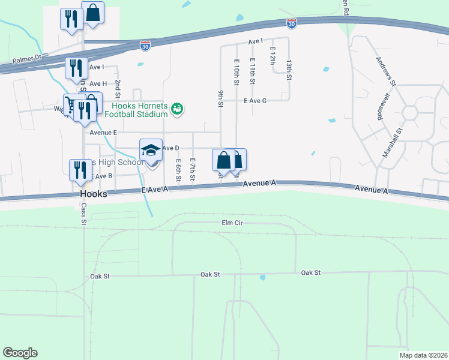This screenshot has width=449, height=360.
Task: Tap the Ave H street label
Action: point(97,83)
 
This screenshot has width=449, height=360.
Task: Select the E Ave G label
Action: point(255,101)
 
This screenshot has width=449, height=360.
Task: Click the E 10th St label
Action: point(237,71)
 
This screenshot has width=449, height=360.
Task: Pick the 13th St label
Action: point(289,70)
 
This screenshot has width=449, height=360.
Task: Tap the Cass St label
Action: point(83,214)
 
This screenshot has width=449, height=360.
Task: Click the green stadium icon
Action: point(176,109)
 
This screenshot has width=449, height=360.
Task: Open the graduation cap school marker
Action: point(151,149)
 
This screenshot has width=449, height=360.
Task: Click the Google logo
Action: point(20,353)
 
